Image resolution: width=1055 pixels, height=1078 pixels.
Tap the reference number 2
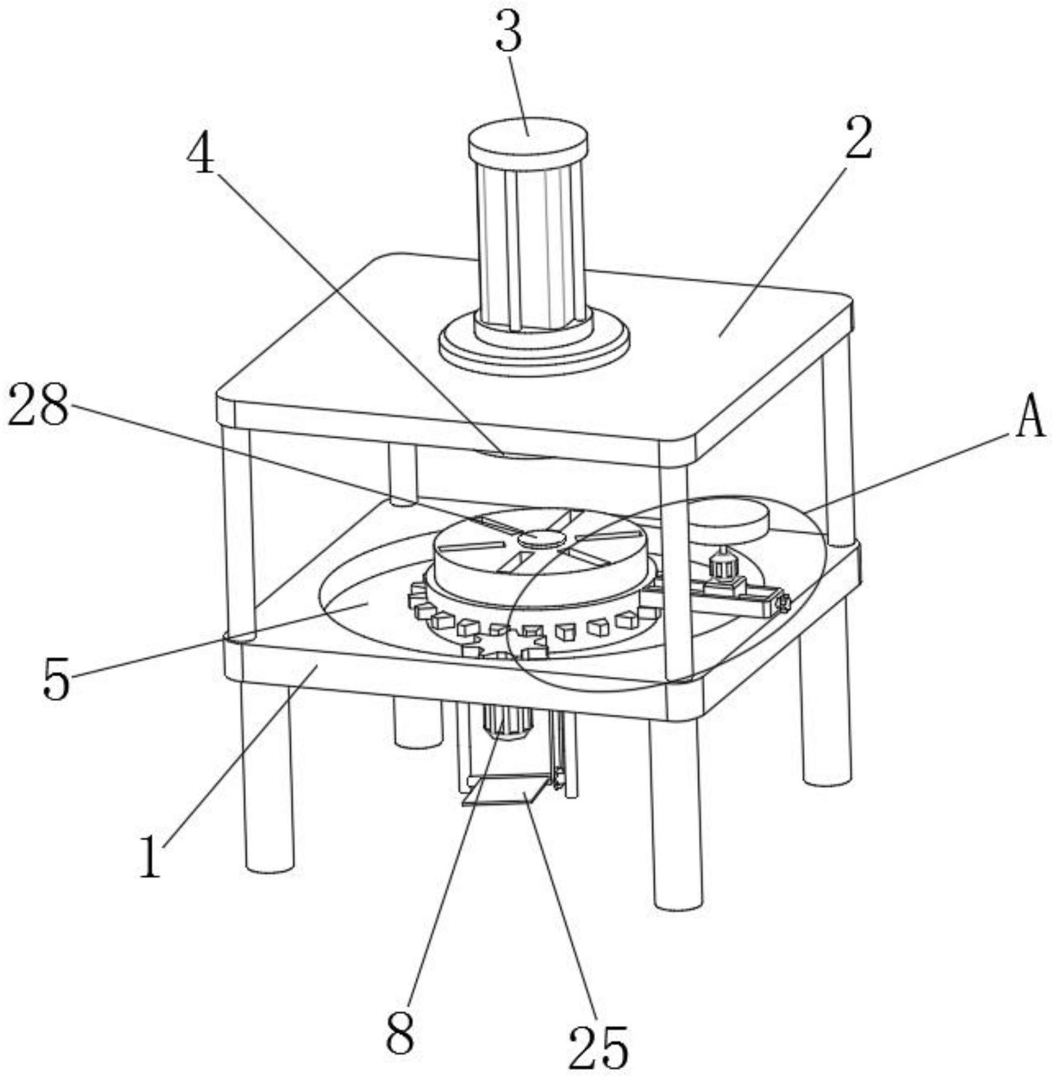(x=859, y=138)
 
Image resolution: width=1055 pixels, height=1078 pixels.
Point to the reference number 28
(x=38, y=405)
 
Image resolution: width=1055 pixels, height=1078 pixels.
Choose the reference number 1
(x=150, y=857)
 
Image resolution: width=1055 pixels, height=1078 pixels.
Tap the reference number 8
(x=400, y=1034)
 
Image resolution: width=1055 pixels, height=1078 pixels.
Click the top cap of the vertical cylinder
(x=527, y=137)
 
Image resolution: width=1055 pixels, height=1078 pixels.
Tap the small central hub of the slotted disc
(x=542, y=538)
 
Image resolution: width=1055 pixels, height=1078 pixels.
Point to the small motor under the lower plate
(x=508, y=722)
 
